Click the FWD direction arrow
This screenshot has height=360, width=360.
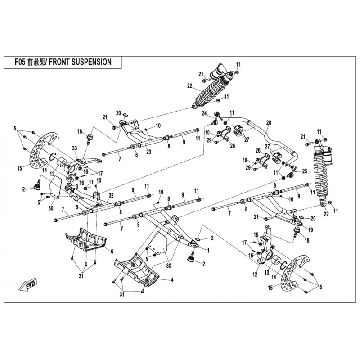[28, 285]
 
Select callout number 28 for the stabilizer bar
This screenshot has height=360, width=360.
[269, 123]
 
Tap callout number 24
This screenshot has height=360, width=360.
[204, 113]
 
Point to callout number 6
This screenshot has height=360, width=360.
[112, 250]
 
